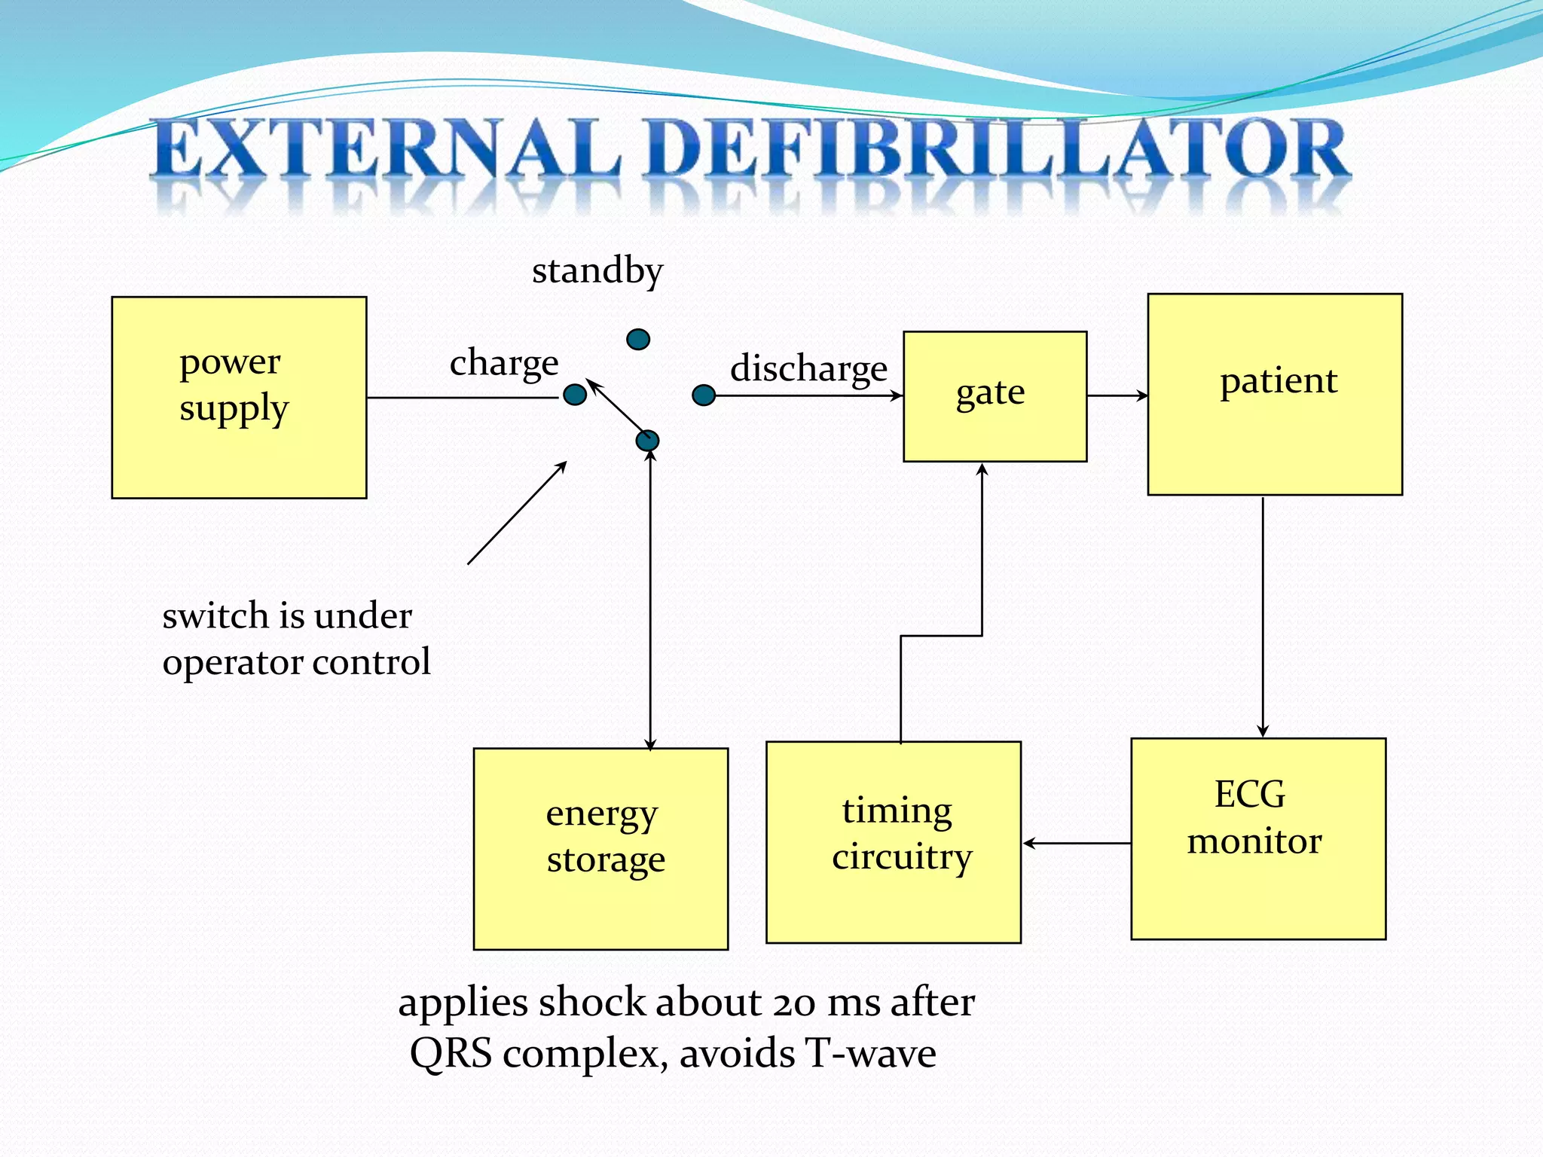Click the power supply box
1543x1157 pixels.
point(239,397)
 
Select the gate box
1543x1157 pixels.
point(995,396)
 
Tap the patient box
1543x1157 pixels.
point(1275,394)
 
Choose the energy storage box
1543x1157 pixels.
point(600,849)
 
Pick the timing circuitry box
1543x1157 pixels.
point(894,842)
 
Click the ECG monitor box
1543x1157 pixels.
point(1258,838)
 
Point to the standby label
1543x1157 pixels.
point(597,271)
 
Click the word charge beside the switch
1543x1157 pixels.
point(504,363)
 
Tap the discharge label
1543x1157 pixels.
point(808,368)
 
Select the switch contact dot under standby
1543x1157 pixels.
point(638,340)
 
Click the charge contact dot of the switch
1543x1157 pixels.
point(575,394)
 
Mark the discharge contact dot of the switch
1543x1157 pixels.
point(704,395)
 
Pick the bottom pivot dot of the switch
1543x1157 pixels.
point(647,441)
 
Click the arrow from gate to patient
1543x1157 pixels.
point(1117,395)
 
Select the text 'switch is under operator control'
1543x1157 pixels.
point(296,639)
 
